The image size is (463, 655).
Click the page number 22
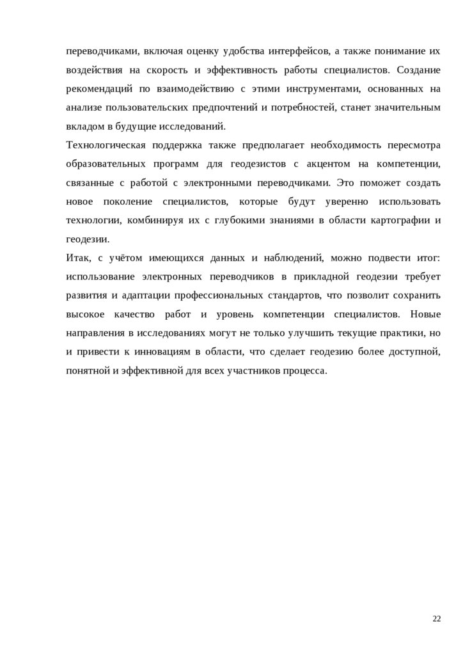437,618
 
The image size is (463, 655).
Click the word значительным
409,107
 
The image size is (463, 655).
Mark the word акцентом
334,164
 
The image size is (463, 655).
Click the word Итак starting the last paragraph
77,258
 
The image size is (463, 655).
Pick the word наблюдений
290,258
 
